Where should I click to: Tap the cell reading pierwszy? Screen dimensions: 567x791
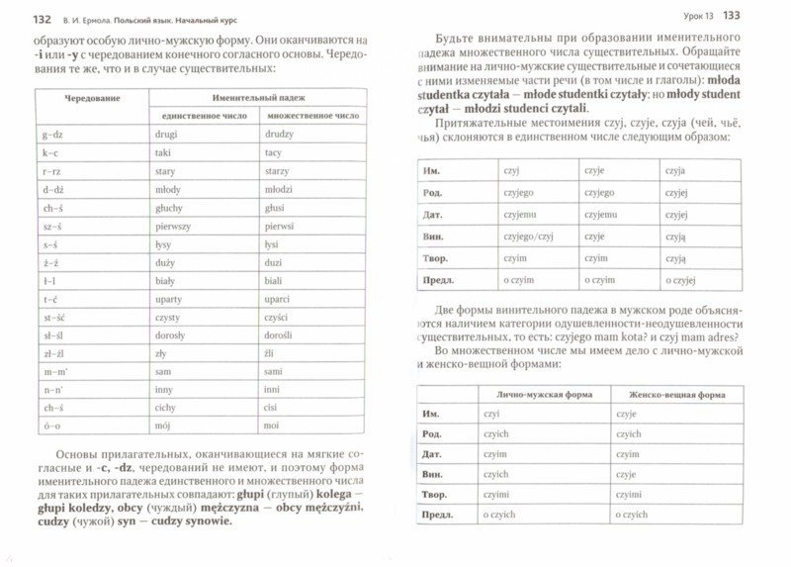[x=188, y=227]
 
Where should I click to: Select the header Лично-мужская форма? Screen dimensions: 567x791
[x=537, y=394]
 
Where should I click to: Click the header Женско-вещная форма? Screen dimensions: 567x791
[x=671, y=394]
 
